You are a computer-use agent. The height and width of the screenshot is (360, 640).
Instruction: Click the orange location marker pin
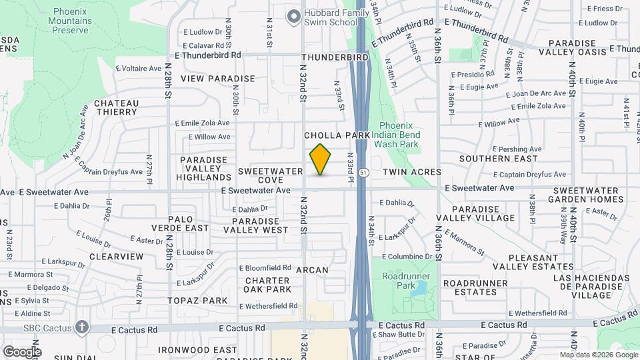coord(320,159)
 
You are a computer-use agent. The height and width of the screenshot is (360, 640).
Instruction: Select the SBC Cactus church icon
coord(81,327)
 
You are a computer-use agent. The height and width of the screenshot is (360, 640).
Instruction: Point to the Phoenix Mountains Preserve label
coord(79,21)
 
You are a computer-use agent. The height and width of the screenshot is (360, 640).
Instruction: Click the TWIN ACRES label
coord(412,172)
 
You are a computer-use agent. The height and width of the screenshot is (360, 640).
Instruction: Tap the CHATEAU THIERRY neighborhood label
coord(116,108)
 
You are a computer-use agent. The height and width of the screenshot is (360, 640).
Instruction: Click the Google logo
coord(21,351)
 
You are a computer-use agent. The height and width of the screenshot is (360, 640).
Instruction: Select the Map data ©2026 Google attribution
coord(599,355)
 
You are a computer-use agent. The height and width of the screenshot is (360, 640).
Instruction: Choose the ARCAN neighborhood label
coord(312,270)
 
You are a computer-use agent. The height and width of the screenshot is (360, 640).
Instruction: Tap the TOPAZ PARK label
coord(197,301)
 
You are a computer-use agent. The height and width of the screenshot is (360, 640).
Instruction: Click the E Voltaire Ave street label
coord(138,68)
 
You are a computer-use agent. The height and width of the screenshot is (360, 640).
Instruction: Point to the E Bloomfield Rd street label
coord(265,268)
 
